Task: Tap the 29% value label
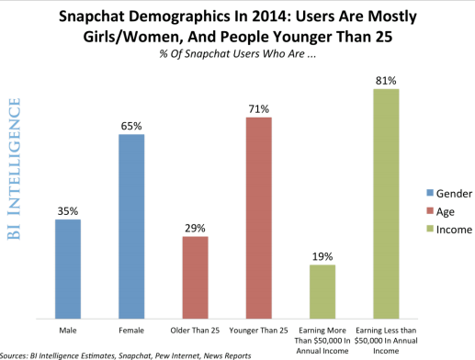tap(195, 227)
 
